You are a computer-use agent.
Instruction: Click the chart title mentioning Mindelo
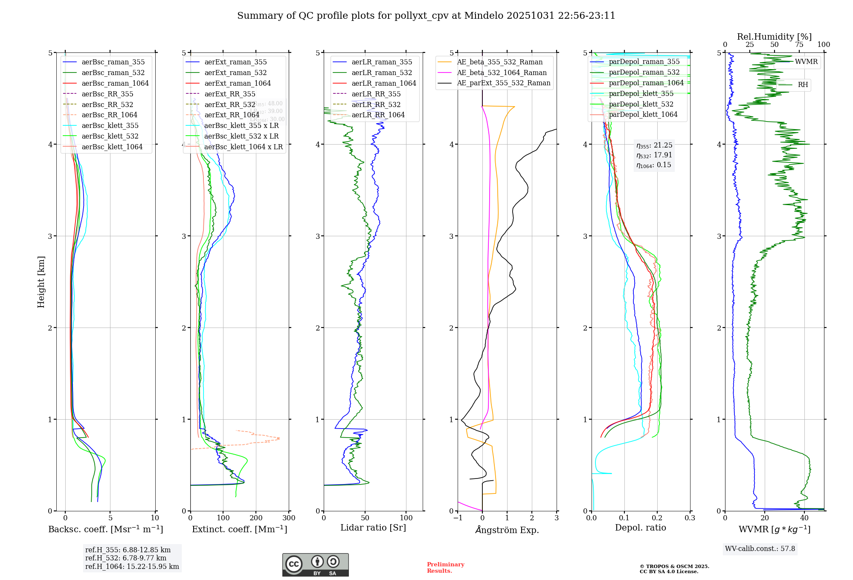[426, 16]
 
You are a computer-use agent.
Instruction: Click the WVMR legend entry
[806, 62]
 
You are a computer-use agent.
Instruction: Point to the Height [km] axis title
[41, 282]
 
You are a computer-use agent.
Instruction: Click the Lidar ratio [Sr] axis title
[373, 528]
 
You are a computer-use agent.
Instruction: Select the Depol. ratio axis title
[640, 528]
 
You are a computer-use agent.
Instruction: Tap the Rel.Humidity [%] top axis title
[774, 37]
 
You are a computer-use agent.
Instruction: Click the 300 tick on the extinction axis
[289, 518]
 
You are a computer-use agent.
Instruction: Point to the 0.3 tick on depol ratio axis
[690, 518]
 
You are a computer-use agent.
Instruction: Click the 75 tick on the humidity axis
[799, 45]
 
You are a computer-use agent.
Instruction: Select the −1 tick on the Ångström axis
[458, 518]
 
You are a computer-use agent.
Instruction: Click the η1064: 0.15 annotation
[653, 165]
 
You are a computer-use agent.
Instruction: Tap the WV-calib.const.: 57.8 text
[760, 549]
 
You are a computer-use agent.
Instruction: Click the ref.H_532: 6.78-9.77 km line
[126, 558]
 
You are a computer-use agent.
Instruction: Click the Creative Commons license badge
[315, 565]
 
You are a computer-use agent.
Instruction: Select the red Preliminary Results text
[445, 568]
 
